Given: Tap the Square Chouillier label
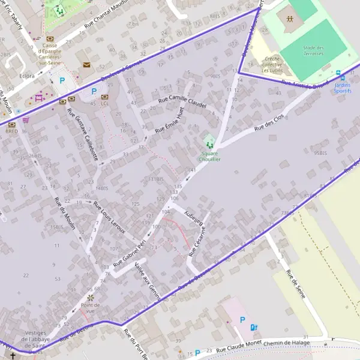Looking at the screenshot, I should tap(209, 156).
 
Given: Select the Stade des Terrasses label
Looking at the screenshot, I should tap(313, 50).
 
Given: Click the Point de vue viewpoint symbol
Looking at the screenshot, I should tap(91, 296).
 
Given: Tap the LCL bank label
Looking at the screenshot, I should tap(105, 103).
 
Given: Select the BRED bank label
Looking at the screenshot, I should tap(11, 130).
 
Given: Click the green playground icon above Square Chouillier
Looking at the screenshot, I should tap(209, 145).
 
